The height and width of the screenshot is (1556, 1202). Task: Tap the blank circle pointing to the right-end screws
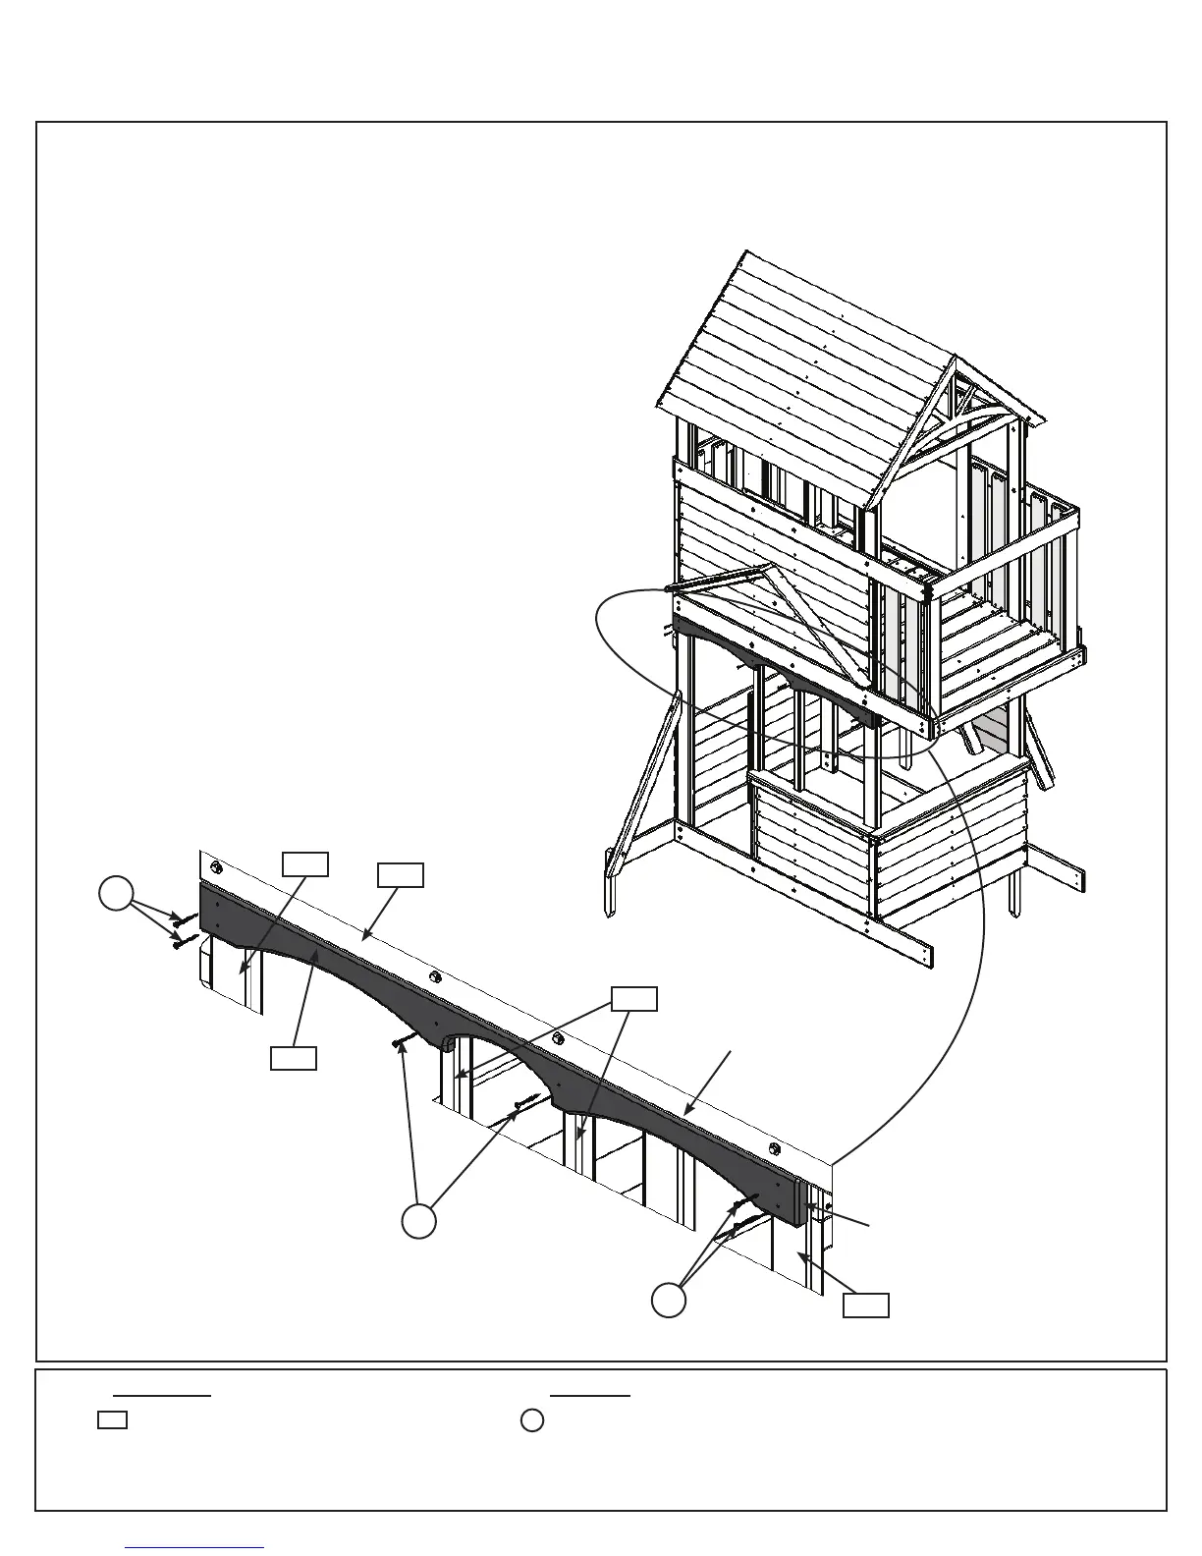coord(670,1300)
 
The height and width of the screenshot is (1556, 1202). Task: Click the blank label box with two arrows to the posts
coord(633,998)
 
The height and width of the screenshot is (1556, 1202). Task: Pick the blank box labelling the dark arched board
coord(294,1058)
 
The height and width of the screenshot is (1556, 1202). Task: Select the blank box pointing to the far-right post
coord(866,1305)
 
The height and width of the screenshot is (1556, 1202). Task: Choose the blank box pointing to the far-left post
coord(305,864)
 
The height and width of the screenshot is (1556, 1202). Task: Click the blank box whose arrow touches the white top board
coord(401,874)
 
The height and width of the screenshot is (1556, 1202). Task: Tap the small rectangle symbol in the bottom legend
coord(113,1419)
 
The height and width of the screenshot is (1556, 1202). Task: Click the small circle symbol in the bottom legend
coord(532,1420)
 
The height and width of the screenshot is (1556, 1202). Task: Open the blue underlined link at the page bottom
coord(194,1547)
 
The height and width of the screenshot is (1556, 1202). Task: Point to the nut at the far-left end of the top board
coord(216,868)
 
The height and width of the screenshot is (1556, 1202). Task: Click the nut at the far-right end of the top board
coord(775,1148)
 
